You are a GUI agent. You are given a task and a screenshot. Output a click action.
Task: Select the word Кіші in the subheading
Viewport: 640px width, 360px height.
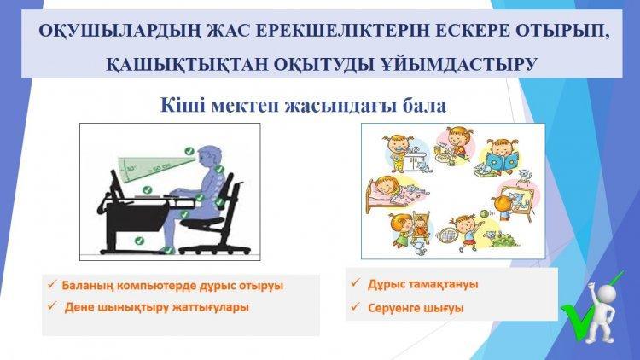click(183, 105)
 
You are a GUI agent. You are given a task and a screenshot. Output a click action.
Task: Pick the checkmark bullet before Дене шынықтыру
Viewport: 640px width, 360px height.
click(52, 305)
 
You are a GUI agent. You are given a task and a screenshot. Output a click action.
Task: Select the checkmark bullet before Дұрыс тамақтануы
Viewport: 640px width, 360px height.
click(356, 282)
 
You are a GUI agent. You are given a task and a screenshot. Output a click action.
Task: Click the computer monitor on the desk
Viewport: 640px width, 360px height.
click(117, 185)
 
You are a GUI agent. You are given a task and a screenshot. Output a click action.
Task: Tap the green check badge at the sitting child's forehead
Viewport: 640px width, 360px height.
click(189, 151)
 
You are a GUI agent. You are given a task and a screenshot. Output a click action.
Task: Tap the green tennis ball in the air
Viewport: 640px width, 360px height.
click(484, 212)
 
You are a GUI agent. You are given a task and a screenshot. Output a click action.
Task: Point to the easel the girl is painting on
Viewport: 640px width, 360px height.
click(517, 201)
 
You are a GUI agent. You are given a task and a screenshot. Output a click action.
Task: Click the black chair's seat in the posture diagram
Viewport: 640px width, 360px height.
click(202, 222)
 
